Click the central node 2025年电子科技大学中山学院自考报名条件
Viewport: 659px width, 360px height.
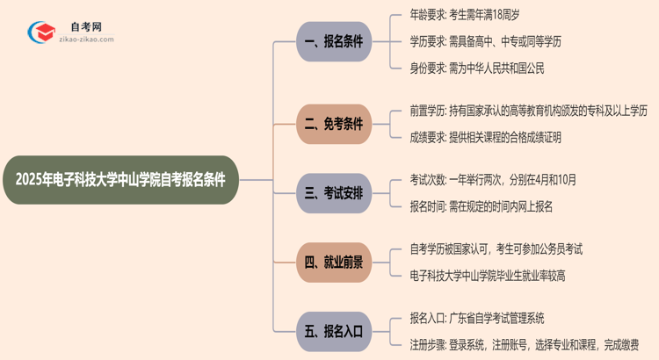pyautogui.click(x=120, y=180)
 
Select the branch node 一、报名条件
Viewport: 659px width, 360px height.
pyautogui.click(x=334, y=41)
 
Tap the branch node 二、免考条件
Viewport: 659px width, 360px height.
pyautogui.click(x=334, y=124)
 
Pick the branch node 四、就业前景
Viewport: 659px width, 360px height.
pyautogui.click(x=334, y=262)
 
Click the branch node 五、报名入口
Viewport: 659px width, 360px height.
pyautogui.click(x=334, y=331)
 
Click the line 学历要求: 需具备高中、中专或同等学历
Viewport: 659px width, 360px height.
pyautogui.click(x=498, y=41)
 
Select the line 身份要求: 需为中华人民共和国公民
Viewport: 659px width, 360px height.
pyautogui.click(x=483, y=68)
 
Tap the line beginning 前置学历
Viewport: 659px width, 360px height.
pyautogui.click(x=528, y=110)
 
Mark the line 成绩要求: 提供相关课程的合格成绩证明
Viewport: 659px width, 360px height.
pyautogui.click(x=486, y=137)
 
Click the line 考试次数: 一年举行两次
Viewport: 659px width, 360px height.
pyautogui.click(x=493, y=179)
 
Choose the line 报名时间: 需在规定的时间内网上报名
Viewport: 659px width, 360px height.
pyautogui.click(x=481, y=206)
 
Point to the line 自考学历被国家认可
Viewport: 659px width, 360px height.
pyautogui.click(x=496, y=248)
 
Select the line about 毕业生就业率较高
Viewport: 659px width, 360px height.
pyautogui.click(x=499, y=276)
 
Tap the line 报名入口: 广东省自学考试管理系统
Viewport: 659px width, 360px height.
pyautogui.click(x=482, y=317)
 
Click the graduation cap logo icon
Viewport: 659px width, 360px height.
pyautogui.click(x=41, y=32)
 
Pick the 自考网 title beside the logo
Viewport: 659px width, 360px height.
pyautogui.click(x=85, y=27)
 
